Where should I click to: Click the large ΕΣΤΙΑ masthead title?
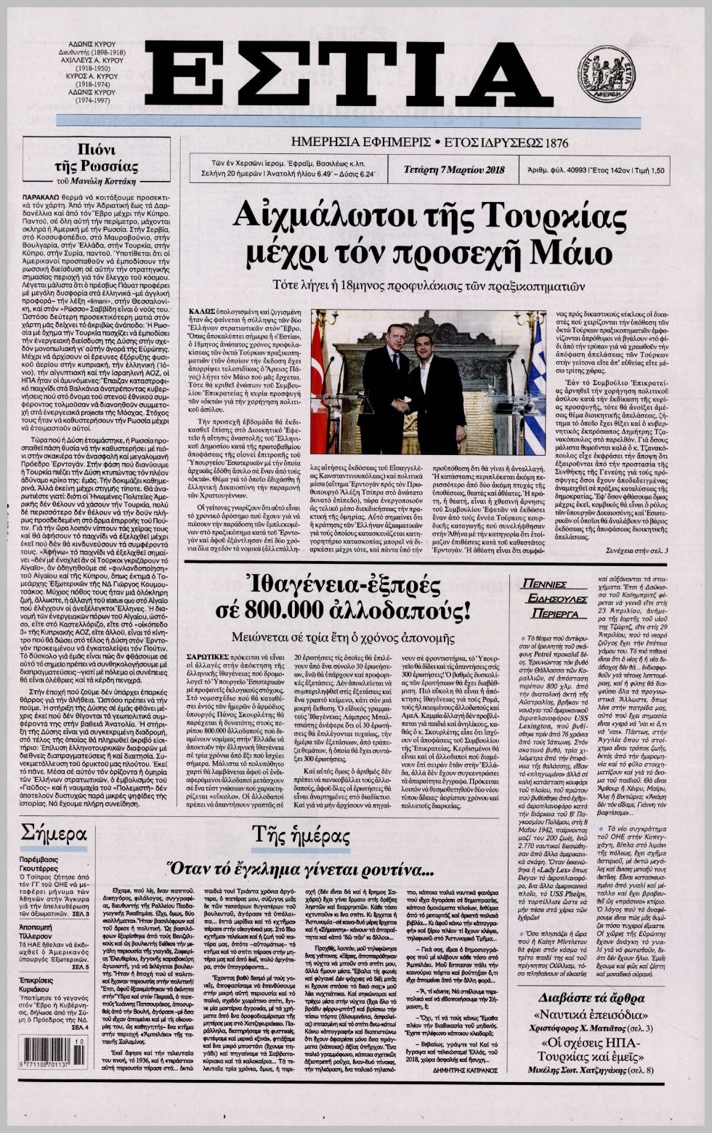tap(349, 74)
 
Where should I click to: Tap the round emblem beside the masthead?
tap(604, 73)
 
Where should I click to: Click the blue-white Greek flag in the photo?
tap(536, 385)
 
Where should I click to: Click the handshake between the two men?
tap(401, 406)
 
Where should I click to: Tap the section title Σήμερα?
tap(54, 833)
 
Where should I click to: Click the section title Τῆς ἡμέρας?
tap(302, 836)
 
